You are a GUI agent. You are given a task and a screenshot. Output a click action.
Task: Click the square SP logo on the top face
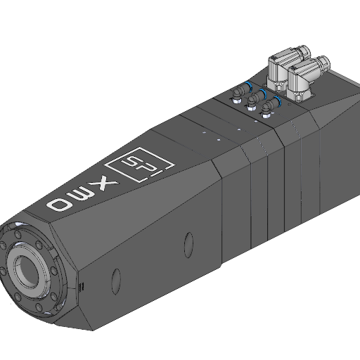pyautogui.click(x=140, y=165)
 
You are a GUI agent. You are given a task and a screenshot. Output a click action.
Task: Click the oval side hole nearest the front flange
pyautogui.click(x=116, y=281)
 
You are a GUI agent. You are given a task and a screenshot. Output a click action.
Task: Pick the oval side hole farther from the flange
pyautogui.click(x=188, y=245)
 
